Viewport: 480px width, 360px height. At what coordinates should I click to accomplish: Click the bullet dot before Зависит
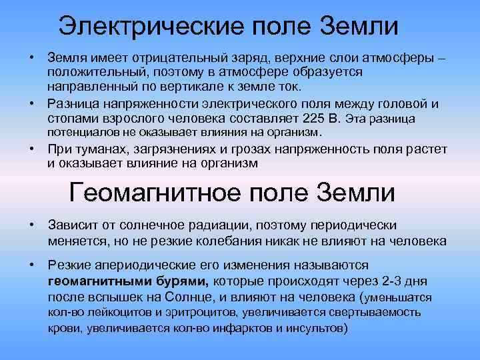point(31,225)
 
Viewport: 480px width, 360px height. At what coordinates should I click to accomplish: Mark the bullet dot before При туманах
point(31,148)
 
